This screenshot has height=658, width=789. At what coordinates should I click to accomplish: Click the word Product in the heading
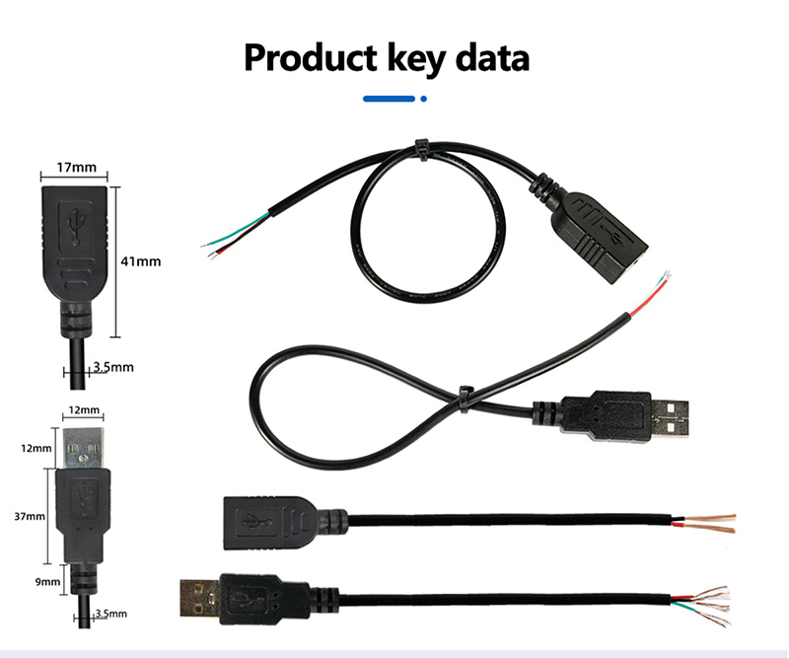[311, 58]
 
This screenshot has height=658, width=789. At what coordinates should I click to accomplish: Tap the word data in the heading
[492, 58]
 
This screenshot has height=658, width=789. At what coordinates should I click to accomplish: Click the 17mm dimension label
[77, 167]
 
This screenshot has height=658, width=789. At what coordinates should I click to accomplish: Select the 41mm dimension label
[141, 261]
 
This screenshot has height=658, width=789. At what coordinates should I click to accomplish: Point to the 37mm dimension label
[30, 516]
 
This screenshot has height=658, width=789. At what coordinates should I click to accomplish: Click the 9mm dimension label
[47, 581]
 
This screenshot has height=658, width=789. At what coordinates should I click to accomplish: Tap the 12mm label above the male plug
[84, 409]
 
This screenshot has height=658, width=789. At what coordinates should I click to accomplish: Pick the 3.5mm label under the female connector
[113, 367]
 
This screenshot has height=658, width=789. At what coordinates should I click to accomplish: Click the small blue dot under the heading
[424, 99]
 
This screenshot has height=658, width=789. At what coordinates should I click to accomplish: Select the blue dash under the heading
[389, 99]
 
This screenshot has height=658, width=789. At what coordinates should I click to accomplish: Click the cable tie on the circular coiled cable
[421, 150]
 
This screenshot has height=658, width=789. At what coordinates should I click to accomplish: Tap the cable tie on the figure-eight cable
[465, 400]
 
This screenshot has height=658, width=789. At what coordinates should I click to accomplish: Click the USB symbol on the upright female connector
[76, 228]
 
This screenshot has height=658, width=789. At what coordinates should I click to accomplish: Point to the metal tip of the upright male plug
[84, 448]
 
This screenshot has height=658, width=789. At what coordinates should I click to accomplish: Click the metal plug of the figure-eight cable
[670, 417]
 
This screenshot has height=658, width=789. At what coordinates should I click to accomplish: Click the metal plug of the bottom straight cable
[200, 599]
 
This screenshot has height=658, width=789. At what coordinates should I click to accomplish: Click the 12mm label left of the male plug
[36, 448]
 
